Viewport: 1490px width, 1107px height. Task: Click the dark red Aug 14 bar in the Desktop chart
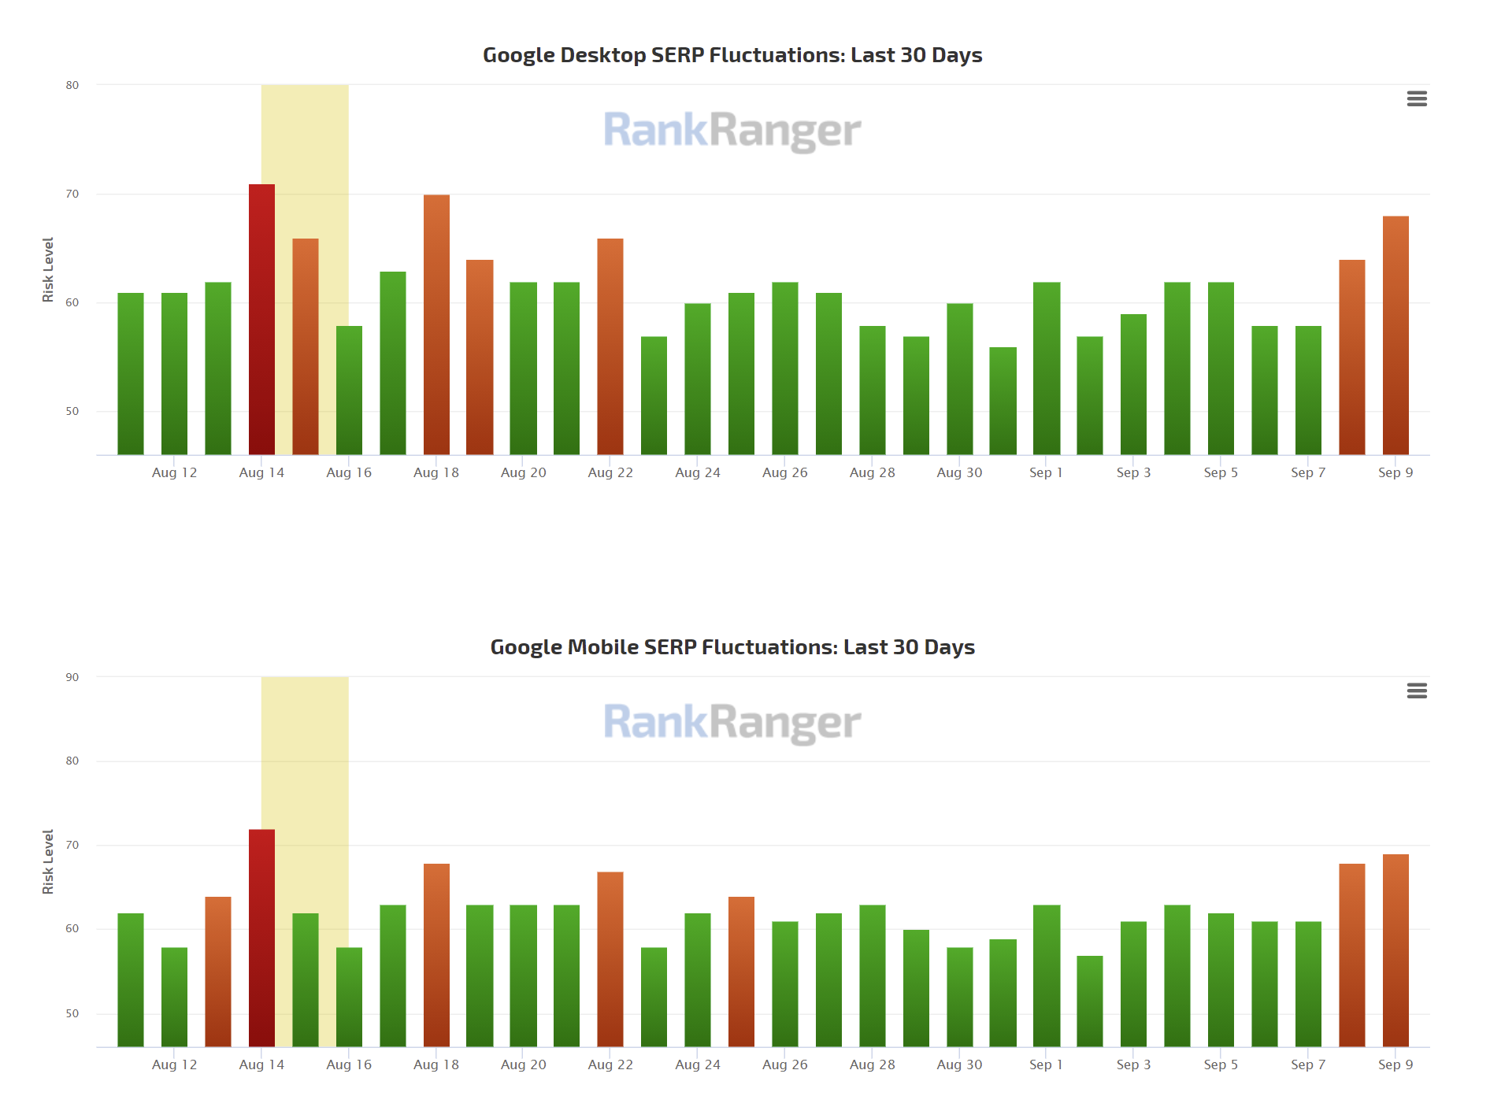click(x=261, y=319)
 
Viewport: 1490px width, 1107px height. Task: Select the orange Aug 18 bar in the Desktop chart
click(x=436, y=324)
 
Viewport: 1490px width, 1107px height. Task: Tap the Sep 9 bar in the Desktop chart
click(x=1395, y=335)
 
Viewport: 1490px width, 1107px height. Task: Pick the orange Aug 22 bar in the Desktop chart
click(x=610, y=346)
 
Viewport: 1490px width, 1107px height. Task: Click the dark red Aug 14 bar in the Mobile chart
click(x=261, y=937)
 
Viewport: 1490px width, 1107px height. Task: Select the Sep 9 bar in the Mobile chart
click(x=1395, y=950)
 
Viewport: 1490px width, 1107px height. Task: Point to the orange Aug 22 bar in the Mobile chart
click(x=610, y=959)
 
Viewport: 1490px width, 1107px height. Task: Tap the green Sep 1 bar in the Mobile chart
click(x=1047, y=976)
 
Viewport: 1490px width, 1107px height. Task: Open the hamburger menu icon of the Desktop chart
click(x=1417, y=98)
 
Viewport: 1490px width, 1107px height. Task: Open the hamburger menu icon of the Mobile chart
click(x=1417, y=690)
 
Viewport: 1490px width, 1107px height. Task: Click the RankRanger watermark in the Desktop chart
click(x=732, y=131)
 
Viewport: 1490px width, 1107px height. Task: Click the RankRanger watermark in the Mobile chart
click(x=732, y=723)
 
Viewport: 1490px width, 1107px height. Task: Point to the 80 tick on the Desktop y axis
click(x=72, y=85)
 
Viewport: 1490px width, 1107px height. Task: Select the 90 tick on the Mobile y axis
click(x=72, y=677)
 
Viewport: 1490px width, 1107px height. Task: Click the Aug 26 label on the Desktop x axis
click(x=785, y=472)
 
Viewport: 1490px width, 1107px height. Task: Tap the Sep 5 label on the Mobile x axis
click(x=1221, y=1064)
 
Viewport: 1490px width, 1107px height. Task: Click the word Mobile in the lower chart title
click(x=602, y=647)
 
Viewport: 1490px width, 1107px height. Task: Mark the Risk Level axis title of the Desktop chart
click(x=48, y=269)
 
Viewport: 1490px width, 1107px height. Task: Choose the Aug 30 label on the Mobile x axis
click(x=959, y=1064)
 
